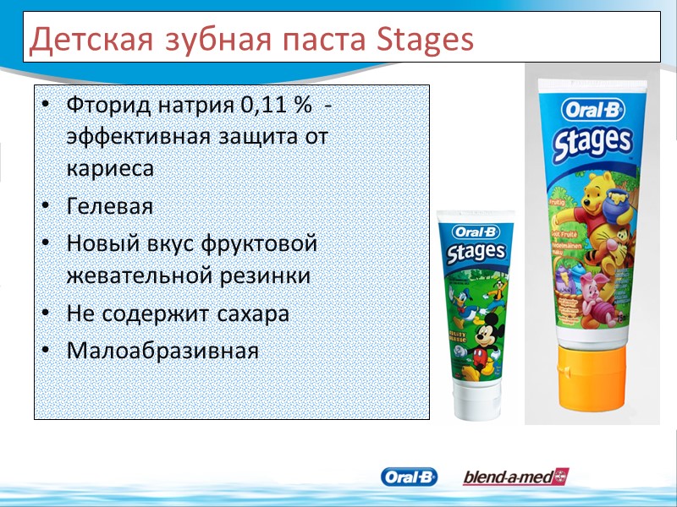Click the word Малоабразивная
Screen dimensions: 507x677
(x=162, y=349)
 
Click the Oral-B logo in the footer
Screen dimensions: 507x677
(x=410, y=477)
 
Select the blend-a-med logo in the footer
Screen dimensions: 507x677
(x=515, y=477)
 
